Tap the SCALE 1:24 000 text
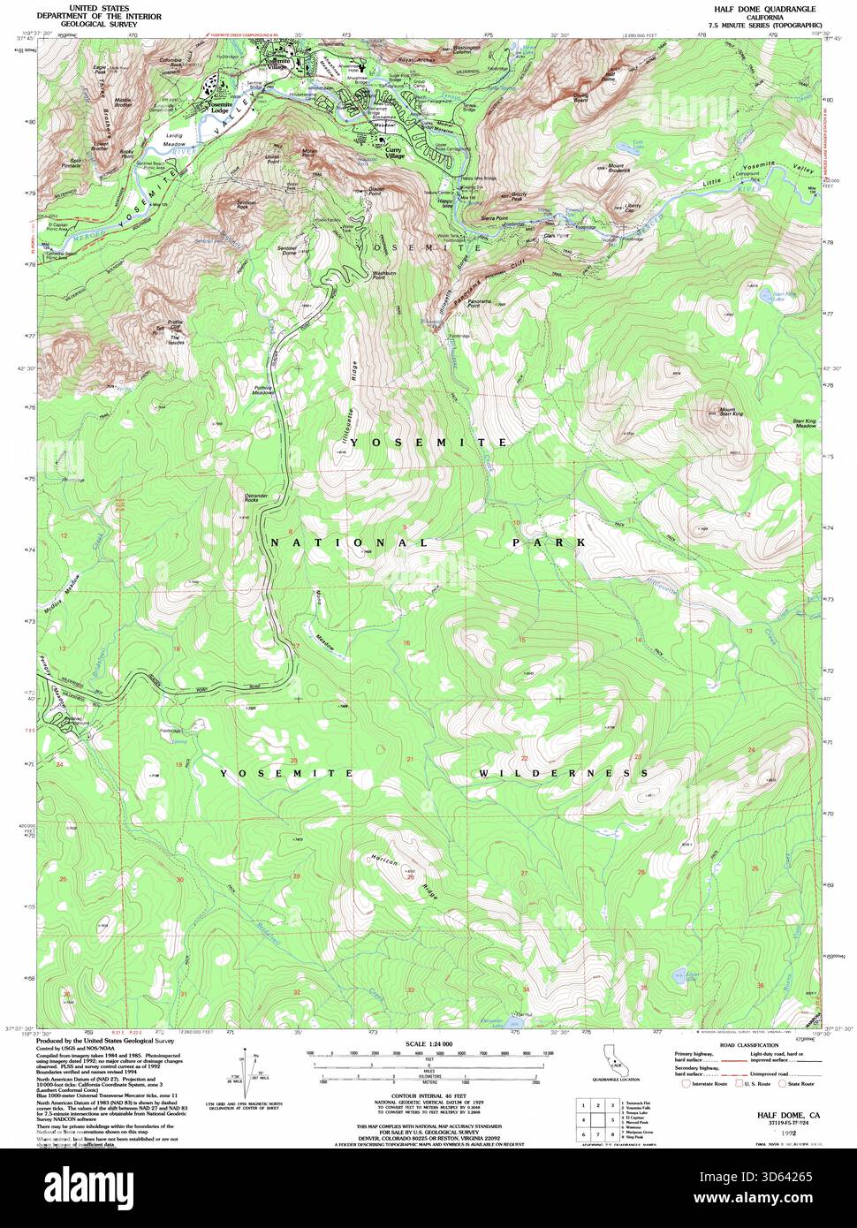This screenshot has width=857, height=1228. [428, 1043]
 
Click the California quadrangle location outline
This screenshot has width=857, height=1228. [610, 1060]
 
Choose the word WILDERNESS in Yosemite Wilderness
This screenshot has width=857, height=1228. [557, 773]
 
